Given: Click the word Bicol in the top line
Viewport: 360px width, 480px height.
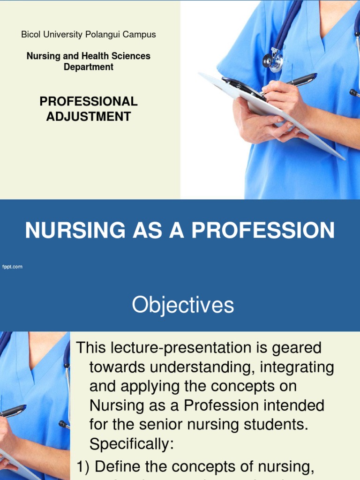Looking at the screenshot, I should tap(30, 35).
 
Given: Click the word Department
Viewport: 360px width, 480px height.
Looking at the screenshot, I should tap(89, 67).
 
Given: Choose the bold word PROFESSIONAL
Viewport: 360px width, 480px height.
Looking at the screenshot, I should tap(89, 101).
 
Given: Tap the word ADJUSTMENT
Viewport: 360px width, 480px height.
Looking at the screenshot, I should tap(89, 116).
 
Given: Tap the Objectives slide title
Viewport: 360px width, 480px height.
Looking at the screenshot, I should tap(183, 305).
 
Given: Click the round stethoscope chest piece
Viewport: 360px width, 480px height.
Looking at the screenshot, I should tap(269, 61).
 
